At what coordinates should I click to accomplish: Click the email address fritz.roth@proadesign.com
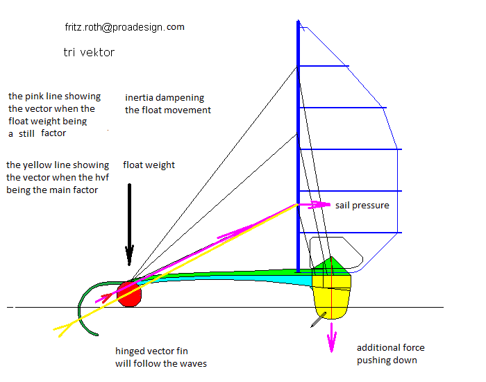124,27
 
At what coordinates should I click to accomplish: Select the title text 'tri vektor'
88,52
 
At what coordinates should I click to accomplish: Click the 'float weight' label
149,165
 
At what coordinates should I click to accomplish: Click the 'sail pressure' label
362,206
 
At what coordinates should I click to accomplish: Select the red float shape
129,294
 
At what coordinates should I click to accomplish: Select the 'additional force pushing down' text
390,354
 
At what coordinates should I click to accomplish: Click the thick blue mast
299,139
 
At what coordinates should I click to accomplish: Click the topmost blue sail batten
324,67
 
